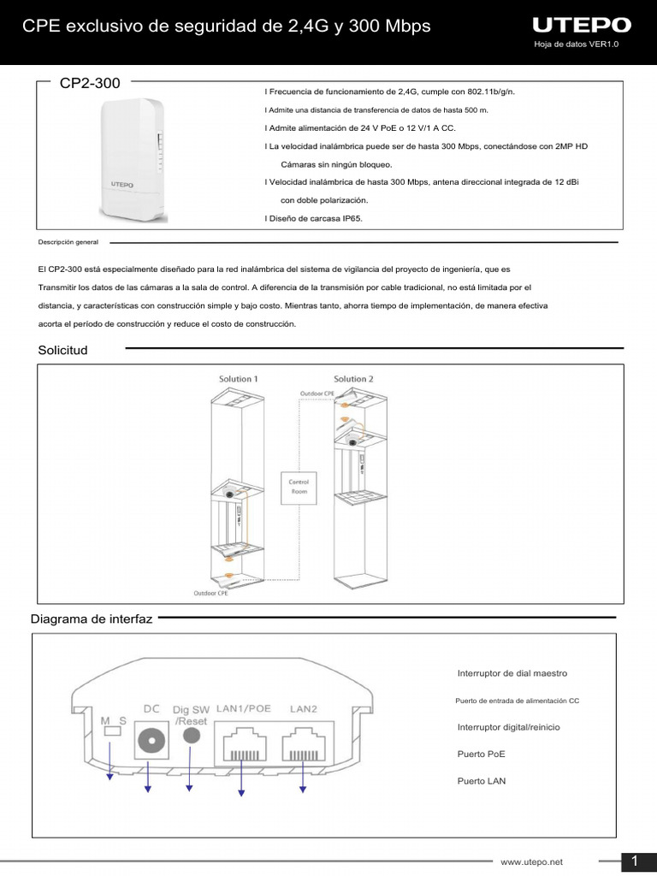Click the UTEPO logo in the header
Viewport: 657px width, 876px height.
click(581, 25)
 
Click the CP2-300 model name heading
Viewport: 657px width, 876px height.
click(90, 83)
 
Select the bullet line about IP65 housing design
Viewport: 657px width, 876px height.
click(315, 219)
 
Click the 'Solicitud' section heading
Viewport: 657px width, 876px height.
click(62, 350)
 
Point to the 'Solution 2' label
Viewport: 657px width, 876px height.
click(353, 379)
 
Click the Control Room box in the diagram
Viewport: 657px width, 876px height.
click(299, 486)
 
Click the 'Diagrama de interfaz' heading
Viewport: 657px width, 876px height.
click(92, 619)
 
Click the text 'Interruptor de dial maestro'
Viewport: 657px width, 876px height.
click(512, 673)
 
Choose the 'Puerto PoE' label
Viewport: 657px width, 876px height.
click(482, 755)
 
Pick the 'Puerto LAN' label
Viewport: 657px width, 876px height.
click(482, 781)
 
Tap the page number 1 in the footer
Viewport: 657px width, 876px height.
click(636, 860)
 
